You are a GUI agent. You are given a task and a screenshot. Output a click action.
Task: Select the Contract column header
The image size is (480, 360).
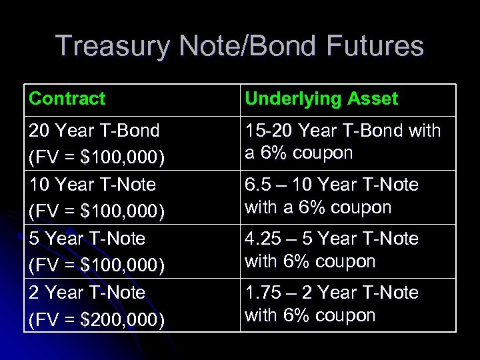[x=67, y=99]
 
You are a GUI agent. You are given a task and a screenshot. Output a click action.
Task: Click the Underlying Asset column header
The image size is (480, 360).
[x=321, y=99]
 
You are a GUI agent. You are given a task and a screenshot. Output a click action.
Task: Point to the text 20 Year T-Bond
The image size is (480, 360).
[x=94, y=131]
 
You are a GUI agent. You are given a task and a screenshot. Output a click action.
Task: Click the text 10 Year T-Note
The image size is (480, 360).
[x=92, y=185]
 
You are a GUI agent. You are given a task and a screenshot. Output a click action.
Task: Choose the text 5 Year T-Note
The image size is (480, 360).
[x=87, y=239]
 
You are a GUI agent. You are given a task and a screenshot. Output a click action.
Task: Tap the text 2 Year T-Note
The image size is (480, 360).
[x=87, y=293]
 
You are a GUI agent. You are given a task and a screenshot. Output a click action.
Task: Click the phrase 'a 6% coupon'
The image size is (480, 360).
[x=299, y=153]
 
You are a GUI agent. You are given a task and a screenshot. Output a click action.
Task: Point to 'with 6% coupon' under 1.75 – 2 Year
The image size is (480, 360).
[x=310, y=315]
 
